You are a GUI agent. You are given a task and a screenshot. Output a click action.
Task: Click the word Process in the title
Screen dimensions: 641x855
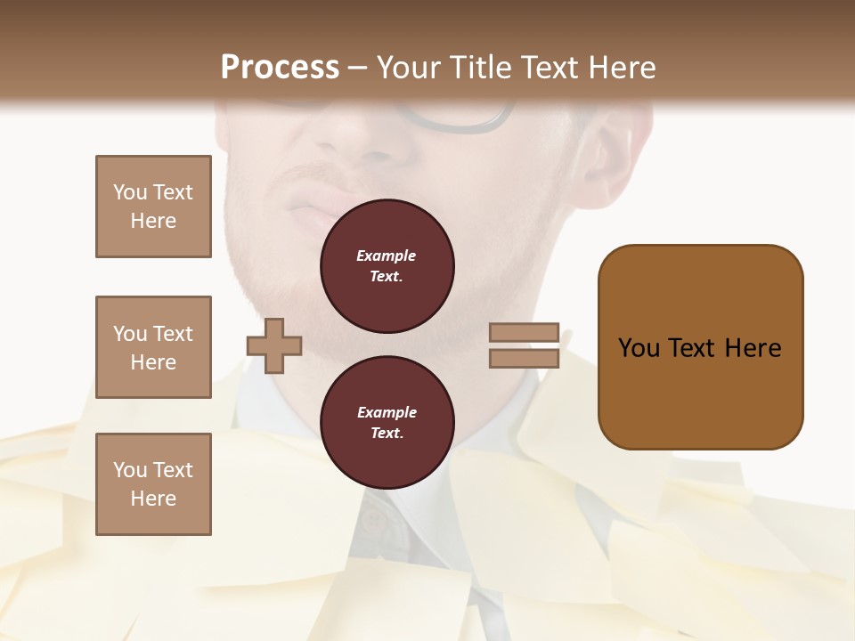(x=280, y=68)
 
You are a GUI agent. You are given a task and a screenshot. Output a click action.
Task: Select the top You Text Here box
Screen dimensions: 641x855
(x=153, y=207)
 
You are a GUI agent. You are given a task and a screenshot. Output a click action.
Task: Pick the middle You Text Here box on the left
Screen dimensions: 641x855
(x=153, y=347)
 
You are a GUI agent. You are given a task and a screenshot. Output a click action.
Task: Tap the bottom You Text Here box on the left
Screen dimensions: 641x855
(x=153, y=484)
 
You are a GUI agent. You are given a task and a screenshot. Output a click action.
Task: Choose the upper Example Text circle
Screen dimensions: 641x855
(x=387, y=266)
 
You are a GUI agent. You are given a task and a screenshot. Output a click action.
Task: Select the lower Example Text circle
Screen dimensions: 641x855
(x=387, y=423)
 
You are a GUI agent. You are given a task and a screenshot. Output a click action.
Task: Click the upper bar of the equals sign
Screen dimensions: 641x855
(x=524, y=333)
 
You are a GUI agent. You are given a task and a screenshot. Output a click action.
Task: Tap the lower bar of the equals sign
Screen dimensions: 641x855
(x=524, y=358)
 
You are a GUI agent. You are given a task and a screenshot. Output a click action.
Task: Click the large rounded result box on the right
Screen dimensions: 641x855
(x=700, y=347)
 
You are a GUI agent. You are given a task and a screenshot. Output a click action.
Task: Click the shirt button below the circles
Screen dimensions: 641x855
(x=372, y=522)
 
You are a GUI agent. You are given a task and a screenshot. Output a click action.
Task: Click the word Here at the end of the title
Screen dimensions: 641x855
(x=622, y=68)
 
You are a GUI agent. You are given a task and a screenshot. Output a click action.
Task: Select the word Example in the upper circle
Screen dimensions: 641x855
(x=386, y=256)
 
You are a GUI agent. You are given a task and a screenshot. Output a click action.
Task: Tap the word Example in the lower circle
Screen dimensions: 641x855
(x=387, y=412)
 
